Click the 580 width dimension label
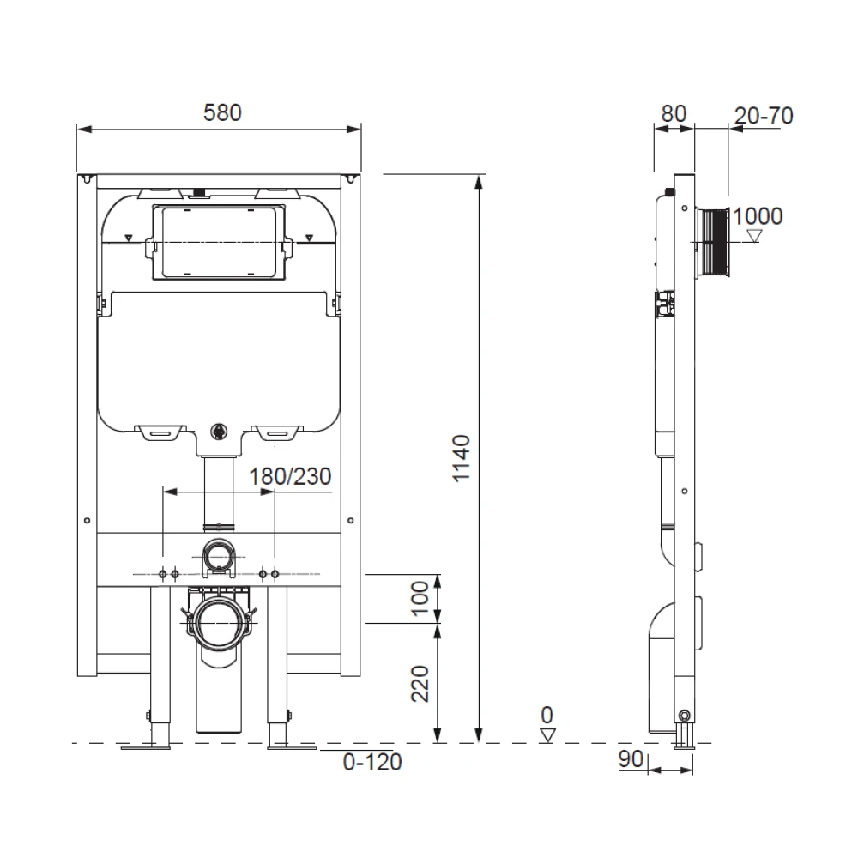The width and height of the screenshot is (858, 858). [222, 112]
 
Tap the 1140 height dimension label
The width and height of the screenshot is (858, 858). [462, 458]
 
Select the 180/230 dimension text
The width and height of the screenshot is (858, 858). [290, 476]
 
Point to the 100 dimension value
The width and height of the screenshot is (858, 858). [420, 596]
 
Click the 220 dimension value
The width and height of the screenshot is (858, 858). [420, 683]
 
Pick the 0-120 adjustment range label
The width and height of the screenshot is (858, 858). [372, 760]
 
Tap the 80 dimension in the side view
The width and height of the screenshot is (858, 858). [674, 114]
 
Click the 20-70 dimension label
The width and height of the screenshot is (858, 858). [764, 115]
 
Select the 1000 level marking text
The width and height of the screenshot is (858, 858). [758, 216]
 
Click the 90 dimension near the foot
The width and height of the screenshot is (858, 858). [631, 760]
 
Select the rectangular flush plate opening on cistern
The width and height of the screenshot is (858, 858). [218, 243]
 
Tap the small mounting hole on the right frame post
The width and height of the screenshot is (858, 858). [351, 519]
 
